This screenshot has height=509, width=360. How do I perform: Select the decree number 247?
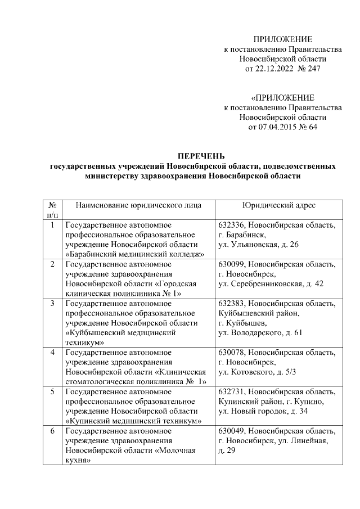coord(312,69)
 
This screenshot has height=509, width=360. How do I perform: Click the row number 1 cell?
coord(52,226)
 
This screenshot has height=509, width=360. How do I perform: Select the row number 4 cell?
coord(52,352)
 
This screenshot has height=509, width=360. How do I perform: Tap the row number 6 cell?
coord(52,431)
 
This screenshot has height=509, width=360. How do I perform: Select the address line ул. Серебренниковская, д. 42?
coord(271,283)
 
